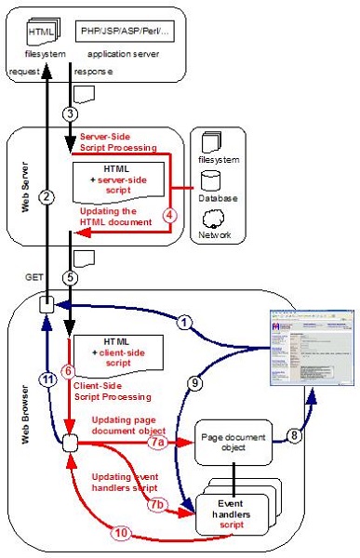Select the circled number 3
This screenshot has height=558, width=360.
69,113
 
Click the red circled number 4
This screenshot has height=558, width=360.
168,213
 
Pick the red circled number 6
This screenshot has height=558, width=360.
68,370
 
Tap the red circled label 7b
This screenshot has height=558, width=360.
159,507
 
